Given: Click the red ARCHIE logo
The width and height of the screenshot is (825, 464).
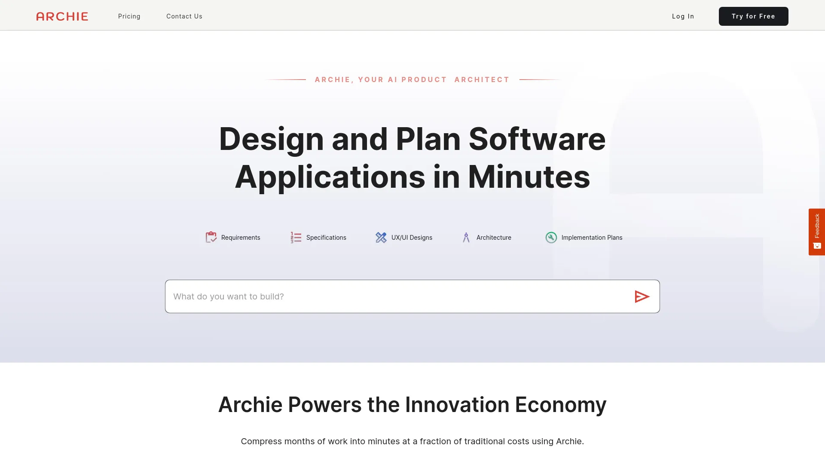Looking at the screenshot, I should (62, 16).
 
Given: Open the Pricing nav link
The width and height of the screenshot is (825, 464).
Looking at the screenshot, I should (129, 16).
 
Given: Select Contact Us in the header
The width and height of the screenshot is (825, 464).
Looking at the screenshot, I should (184, 16).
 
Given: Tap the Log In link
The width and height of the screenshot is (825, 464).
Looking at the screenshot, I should (683, 16).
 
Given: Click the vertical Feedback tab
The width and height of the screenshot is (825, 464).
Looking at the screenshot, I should (816, 232).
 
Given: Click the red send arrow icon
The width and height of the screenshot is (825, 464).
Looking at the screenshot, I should (642, 296).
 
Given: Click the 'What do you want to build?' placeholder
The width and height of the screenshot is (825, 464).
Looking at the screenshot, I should (229, 296).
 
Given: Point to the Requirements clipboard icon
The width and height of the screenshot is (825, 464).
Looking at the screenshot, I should (211, 237).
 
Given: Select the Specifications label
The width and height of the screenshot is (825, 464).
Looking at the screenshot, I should (326, 238).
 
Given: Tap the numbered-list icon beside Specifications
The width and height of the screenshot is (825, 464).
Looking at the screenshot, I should (296, 237).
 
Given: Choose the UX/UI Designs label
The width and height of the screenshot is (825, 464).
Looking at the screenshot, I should (412, 238).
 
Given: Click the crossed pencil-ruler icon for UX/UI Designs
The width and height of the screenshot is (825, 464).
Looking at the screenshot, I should (381, 237).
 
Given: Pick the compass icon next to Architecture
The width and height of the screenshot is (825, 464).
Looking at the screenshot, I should (466, 237).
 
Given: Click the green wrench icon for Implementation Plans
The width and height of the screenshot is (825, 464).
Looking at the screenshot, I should (551, 237).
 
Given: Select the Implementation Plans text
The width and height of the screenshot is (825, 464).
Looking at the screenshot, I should (592, 238).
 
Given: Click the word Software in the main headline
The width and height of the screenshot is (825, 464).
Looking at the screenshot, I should (537, 139).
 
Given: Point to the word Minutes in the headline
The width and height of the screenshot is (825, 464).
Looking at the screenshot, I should (529, 177).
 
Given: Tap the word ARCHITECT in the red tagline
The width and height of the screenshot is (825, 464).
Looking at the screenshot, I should (482, 79).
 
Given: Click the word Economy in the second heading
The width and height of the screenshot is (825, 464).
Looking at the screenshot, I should (560, 405).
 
